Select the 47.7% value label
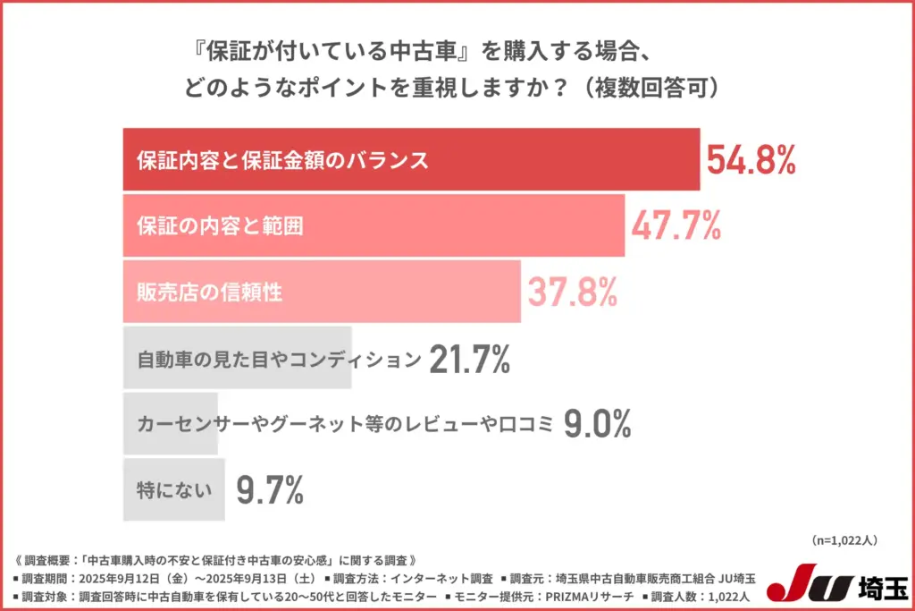(676, 226)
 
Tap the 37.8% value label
(572, 293)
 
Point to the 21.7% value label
(469, 360)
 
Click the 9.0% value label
(597, 424)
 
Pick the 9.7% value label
(270, 490)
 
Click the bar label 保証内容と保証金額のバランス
(282, 161)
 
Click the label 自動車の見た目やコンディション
(278, 361)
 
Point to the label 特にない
(174, 490)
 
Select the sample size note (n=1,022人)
(846, 540)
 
